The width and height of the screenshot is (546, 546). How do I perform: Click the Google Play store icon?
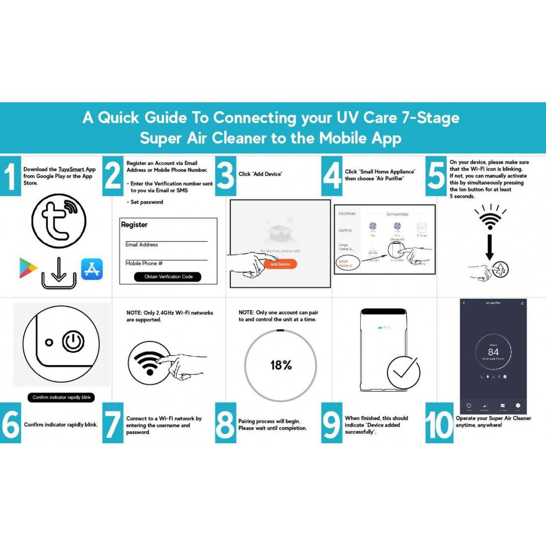tap(28, 268)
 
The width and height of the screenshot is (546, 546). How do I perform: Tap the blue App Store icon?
tap(92, 269)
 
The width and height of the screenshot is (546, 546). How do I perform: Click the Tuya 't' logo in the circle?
tap(59, 221)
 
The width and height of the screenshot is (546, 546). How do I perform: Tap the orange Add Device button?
tap(280, 264)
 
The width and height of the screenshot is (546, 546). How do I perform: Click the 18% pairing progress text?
tap(281, 365)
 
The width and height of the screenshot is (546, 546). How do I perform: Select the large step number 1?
tap(10, 176)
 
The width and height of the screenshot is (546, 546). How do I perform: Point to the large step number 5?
tap(436, 176)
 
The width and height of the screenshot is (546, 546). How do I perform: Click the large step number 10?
tap(439, 425)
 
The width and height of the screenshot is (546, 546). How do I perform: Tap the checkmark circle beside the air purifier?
tap(404, 372)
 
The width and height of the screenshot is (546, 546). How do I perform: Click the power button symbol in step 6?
tap(73, 342)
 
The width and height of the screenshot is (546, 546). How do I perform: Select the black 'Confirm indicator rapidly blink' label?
tap(62, 397)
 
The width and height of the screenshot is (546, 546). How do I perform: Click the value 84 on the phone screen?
tap(493, 352)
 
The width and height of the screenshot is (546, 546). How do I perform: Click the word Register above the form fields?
tap(135, 225)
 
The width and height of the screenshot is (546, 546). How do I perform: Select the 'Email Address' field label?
tap(141, 245)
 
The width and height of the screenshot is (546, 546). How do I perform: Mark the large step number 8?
tap(225, 425)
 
